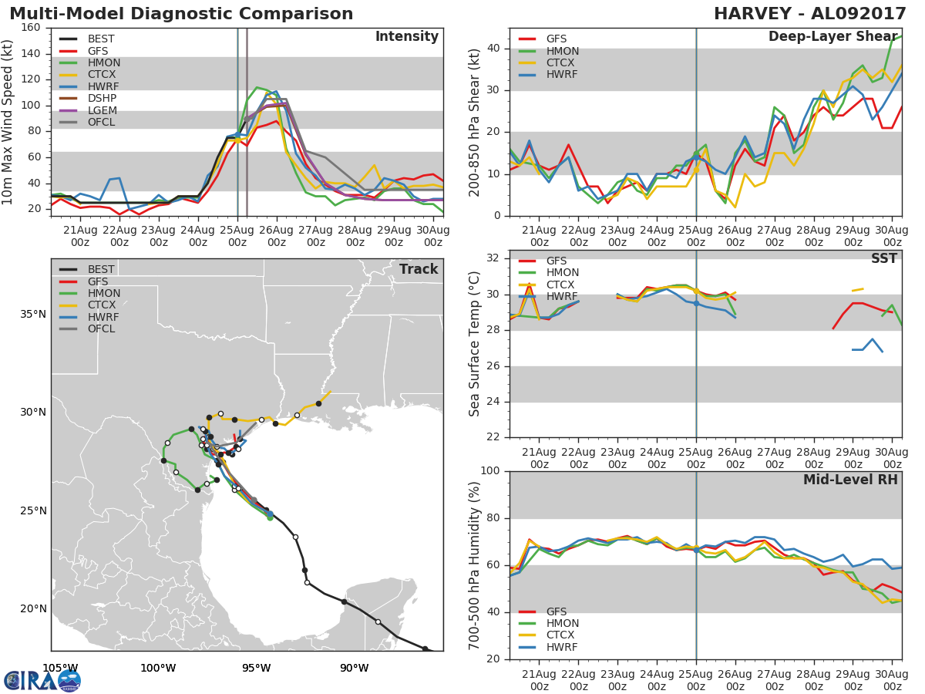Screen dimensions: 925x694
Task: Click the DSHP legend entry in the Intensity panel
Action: click(x=88, y=98)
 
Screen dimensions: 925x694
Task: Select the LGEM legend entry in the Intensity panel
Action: click(x=88, y=110)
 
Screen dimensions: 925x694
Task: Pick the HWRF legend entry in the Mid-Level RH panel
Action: click(x=548, y=647)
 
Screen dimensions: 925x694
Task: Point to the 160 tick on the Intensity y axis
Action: click(x=31, y=28)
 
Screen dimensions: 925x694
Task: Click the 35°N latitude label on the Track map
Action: click(x=33, y=315)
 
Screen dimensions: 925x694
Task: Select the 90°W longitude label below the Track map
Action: click(x=355, y=668)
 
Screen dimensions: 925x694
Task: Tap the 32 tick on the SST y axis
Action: click(x=493, y=258)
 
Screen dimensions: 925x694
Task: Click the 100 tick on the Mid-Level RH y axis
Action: click(x=490, y=470)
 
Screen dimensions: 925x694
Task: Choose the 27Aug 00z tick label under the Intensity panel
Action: click(x=315, y=236)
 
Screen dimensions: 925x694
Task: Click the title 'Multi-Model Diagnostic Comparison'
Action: click(x=181, y=13)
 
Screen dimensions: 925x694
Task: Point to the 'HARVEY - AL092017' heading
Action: click(x=810, y=13)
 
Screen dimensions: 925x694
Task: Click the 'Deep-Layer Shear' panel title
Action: click(x=832, y=36)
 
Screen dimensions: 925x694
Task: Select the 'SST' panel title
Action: click(x=884, y=258)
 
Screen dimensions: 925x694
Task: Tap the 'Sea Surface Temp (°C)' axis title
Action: click(x=474, y=344)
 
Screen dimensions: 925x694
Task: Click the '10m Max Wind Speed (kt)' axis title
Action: click(x=6, y=122)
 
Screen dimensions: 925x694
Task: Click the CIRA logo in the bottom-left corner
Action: click(x=42, y=679)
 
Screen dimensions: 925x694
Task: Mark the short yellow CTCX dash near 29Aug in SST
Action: click(x=858, y=290)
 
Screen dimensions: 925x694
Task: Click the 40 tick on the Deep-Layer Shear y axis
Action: click(x=493, y=48)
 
